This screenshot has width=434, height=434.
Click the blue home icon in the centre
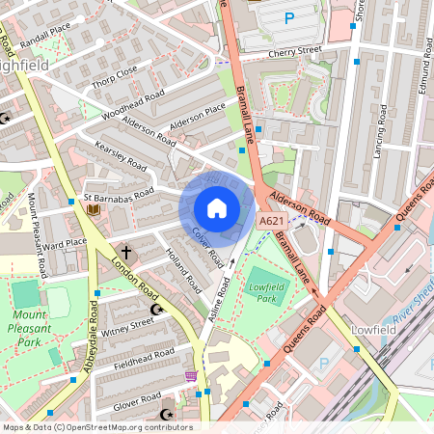coord(217,208)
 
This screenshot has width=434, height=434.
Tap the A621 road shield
coord(272,222)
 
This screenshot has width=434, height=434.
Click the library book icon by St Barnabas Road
coord(94,208)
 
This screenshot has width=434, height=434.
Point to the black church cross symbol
coord(125,251)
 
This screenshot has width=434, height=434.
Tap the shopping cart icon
coord(191,375)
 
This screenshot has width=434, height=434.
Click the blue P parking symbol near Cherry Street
coord(289,17)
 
